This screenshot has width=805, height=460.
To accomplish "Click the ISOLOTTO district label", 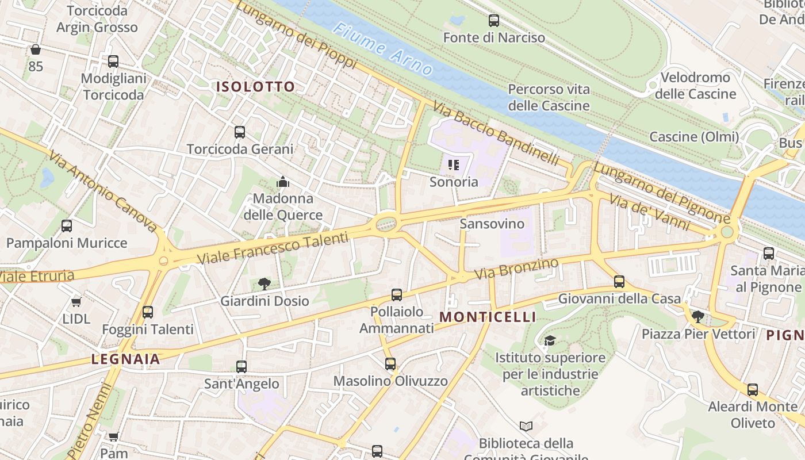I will click(255, 87).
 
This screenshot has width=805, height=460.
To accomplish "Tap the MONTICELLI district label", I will click(488, 317).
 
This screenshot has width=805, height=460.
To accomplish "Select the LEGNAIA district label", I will click(125, 359).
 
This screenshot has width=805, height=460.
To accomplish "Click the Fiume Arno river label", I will click(383, 49).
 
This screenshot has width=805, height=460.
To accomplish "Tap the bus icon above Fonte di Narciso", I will click(493, 21).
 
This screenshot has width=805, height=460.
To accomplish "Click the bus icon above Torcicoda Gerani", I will click(240, 132).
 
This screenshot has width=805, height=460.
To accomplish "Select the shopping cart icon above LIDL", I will click(76, 302).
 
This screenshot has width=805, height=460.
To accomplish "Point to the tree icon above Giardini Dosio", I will click(264, 283).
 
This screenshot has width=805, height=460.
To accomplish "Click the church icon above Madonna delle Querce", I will click(282, 182).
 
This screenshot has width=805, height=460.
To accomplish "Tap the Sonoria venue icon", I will click(454, 165).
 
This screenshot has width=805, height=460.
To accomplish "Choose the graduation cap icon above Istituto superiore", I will click(550, 340).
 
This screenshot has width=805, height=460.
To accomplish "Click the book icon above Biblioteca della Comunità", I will click(526, 426).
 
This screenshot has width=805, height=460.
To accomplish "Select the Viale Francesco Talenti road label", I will click(273, 248).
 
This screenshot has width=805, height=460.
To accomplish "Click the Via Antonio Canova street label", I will click(103, 191).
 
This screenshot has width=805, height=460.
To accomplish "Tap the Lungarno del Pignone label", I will click(661, 193).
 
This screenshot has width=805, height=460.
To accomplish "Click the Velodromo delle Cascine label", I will click(695, 86).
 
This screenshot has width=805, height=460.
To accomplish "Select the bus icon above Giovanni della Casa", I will click(619, 282).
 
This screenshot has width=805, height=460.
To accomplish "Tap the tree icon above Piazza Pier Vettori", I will click(697, 316).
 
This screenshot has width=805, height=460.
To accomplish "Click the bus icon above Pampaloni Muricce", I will click(67, 226).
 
